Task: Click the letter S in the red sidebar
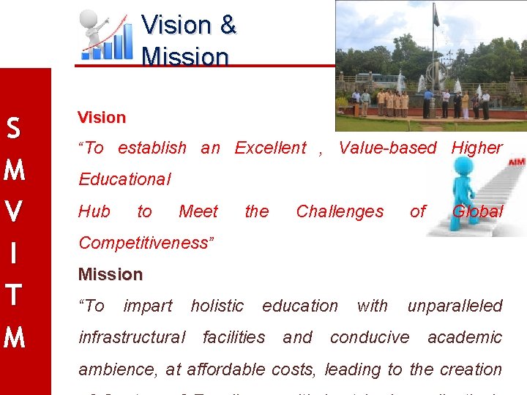coord(13,129)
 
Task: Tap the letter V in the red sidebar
coord(13,212)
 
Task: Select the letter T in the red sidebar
coord(13,296)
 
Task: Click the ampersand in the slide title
coord(228,25)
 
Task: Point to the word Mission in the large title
coord(185,56)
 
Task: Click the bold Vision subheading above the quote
coord(102,118)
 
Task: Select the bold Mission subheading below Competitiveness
coord(111,274)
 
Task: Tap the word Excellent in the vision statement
coord(270,148)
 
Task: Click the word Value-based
coord(388,148)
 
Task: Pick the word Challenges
coord(340,211)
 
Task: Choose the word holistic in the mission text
coord(217,306)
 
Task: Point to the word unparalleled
coord(455,306)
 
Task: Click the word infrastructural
coord(132,337)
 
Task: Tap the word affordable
coord(225,369)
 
